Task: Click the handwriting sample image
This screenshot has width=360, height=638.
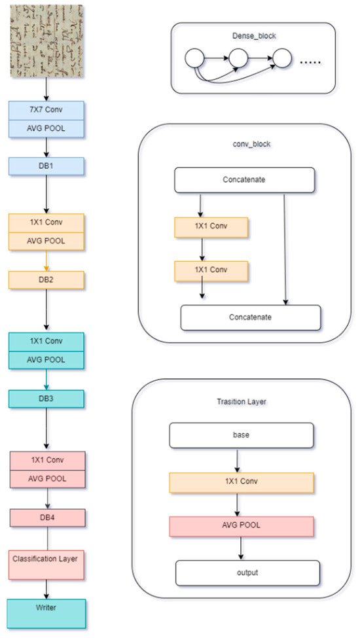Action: click(x=46, y=42)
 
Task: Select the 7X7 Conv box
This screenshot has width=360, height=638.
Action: click(x=46, y=110)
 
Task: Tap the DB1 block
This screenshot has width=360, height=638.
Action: click(x=46, y=166)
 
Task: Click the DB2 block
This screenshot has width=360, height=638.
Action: click(x=46, y=280)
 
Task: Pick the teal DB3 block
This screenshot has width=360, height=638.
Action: click(x=46, y=399)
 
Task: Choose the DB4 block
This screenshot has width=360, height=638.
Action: click(x=46, y=517)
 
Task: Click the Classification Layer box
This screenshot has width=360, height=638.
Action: click(x=46, y=560)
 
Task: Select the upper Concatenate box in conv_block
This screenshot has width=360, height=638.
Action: click(x=244, y=181)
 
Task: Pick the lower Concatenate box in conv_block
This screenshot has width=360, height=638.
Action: click(x=251, y=317)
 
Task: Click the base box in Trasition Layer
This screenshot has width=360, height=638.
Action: click(x=242, y=434)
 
